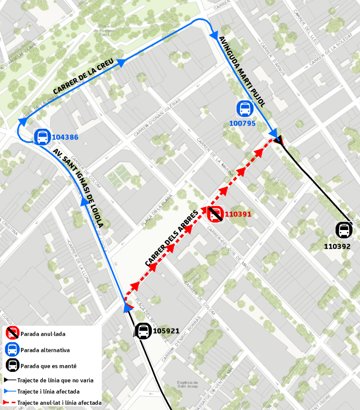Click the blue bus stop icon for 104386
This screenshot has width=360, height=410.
[42, 137]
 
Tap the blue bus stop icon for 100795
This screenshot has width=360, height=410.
[244, 108]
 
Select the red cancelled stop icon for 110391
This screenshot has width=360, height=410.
[215, 214]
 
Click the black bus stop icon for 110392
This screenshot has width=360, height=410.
[343, 230]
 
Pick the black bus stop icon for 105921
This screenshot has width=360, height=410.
[143, 331]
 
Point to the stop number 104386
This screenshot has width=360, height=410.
[65, 138]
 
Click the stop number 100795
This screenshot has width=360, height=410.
[243, 124]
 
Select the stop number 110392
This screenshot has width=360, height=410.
[337, 246]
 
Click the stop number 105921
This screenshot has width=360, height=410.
[166, 331]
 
